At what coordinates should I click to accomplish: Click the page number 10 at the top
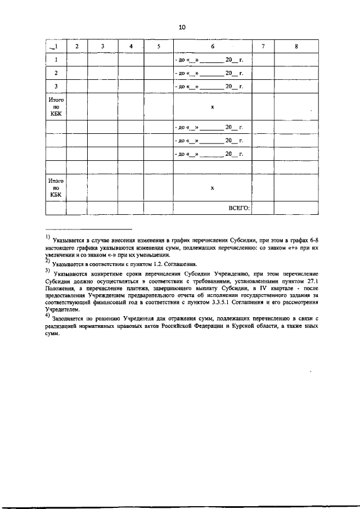click(x=182, y=26)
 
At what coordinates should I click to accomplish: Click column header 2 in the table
click(x=76, y=46)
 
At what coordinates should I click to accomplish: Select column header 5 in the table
click(x=158, y=46)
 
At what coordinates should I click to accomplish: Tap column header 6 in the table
click(x=212, y=46)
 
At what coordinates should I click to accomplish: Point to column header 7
click(x=263, y=46)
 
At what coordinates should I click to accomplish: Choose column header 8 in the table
click(x=296, y=46)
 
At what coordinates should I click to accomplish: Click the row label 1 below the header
click(x=56, y=59)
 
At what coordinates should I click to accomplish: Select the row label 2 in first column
click(x=56, y=73)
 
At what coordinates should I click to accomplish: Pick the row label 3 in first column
click(x=56, y=87)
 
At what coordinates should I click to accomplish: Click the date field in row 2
click(x=209, y=73)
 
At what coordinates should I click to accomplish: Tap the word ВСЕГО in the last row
click(x=239, y=208)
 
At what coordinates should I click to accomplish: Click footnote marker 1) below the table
click(x=48, y=237)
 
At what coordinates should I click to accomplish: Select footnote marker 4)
click(x=48, y=316)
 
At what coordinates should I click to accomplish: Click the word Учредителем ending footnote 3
click(x=62, y=309)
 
